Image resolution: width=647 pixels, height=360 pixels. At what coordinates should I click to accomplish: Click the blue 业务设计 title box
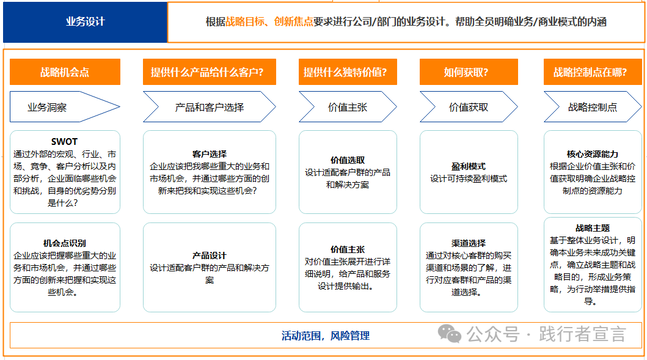(x=85, y=22)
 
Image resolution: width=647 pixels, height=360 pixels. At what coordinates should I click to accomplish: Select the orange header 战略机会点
(x=65, y=72)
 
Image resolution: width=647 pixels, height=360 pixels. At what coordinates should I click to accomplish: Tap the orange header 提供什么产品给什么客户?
(x=207, y=72)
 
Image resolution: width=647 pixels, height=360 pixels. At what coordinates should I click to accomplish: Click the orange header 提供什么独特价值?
(x=345, y=72)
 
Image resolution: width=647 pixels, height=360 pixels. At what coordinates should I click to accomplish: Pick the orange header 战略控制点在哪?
(x=590, y=72)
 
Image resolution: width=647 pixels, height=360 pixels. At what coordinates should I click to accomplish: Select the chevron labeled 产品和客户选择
(x=210, y=107)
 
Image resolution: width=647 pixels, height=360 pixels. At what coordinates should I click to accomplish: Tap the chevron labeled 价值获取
(x=469, y=107)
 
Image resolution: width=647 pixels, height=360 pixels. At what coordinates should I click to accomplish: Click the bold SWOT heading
(x=65, y=142)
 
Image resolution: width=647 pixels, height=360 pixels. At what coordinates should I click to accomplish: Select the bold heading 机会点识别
(x=65, y=243)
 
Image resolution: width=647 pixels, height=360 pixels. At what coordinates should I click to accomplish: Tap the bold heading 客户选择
(x=210, y=154)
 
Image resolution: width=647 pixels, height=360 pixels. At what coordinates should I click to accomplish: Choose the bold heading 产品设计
(x=210, y=255)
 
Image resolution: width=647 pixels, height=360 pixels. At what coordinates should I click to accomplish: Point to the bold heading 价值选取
(x=348, y=160)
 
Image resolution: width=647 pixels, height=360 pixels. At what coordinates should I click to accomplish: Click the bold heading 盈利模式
(x=469, y=166)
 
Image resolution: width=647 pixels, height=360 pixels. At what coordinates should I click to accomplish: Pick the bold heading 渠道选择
(x=469, y=243)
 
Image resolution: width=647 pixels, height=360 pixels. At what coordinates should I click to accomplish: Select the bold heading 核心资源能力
(x=593, y=154)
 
